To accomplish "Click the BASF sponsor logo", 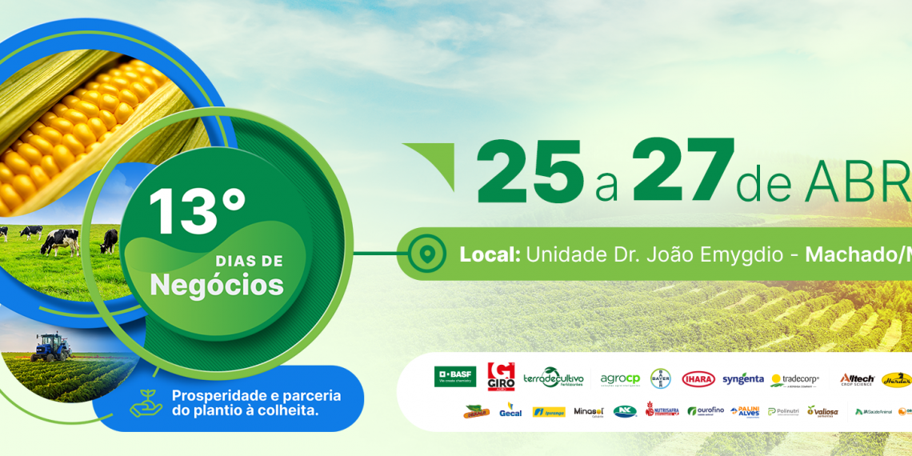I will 455,377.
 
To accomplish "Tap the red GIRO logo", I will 501,377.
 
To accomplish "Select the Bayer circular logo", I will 660,378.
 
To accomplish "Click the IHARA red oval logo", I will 698,379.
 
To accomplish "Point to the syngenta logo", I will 742,379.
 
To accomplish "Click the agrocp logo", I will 620,379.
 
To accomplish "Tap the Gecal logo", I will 510,410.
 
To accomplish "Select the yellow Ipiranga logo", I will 549,412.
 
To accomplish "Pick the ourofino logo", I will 705,411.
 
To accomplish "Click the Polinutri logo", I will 783,411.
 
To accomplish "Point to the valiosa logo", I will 822,411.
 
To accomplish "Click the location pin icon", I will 427,254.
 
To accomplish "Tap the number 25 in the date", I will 529,171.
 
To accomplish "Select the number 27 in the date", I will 682,171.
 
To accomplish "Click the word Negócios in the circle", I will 217,285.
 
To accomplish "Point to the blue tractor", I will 51,346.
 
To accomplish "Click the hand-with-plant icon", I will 146,403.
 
